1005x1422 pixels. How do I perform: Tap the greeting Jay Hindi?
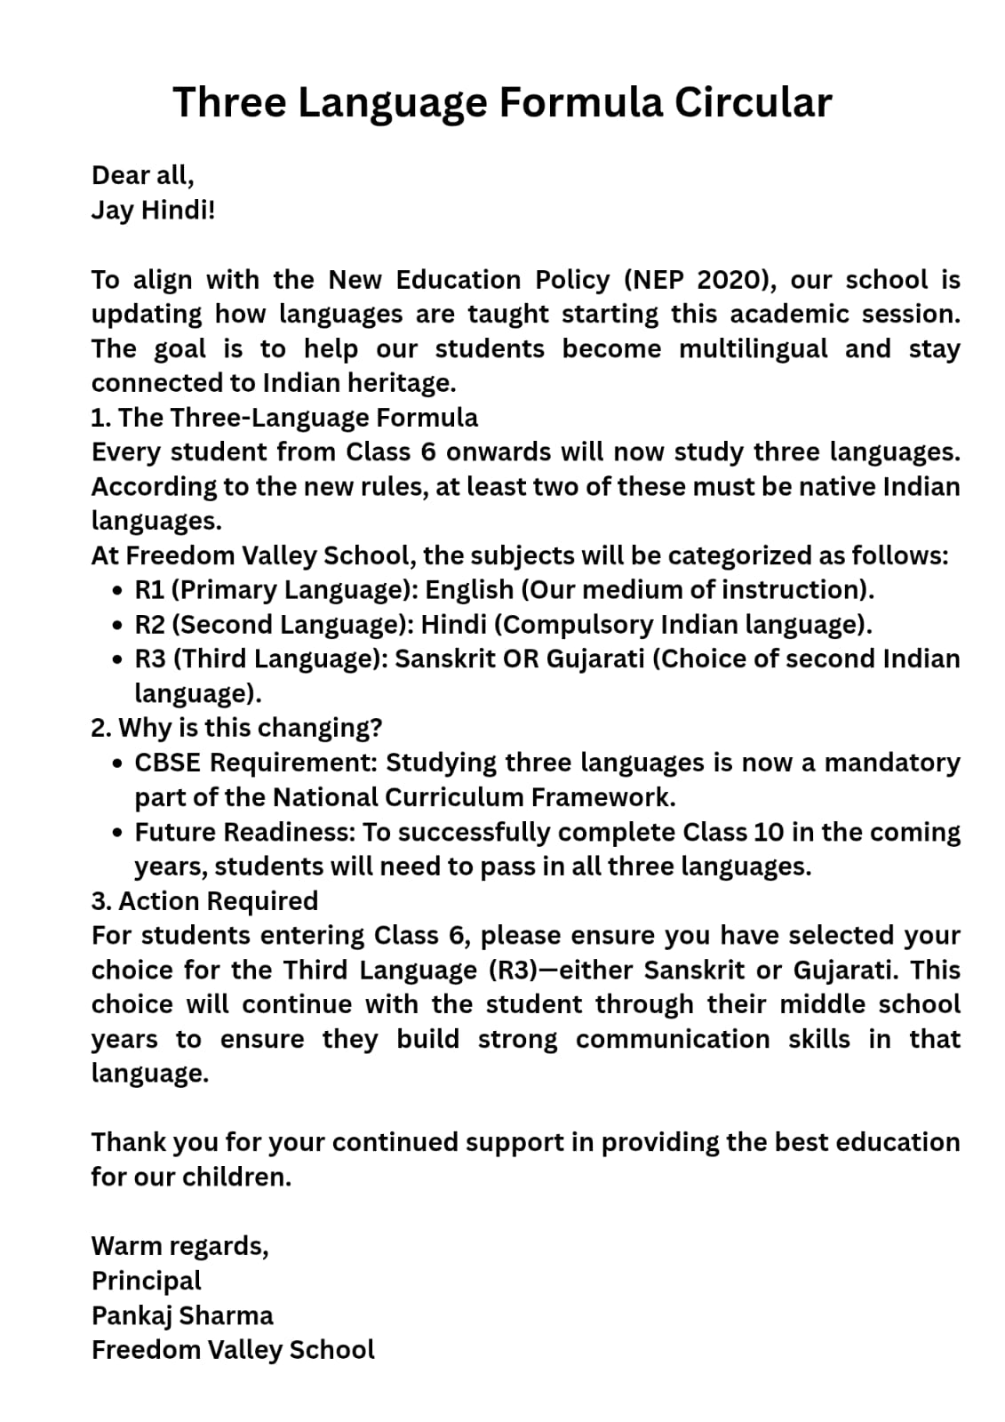click(153, 211)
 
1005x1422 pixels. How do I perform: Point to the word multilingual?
click(753, 348)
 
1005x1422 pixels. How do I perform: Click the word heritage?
click(404, 383)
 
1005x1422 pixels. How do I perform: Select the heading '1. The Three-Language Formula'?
click(284, 418)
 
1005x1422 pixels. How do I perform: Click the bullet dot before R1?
click(118, 590)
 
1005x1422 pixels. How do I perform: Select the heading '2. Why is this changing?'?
click(236, 728)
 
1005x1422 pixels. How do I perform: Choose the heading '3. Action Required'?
click(204, 901)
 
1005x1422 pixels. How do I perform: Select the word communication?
click(673, 1039)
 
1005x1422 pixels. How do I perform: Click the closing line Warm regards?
click(179, 1246)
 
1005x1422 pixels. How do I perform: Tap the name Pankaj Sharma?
click(182, 1315)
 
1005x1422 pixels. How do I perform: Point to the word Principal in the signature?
click(147, 1281)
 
